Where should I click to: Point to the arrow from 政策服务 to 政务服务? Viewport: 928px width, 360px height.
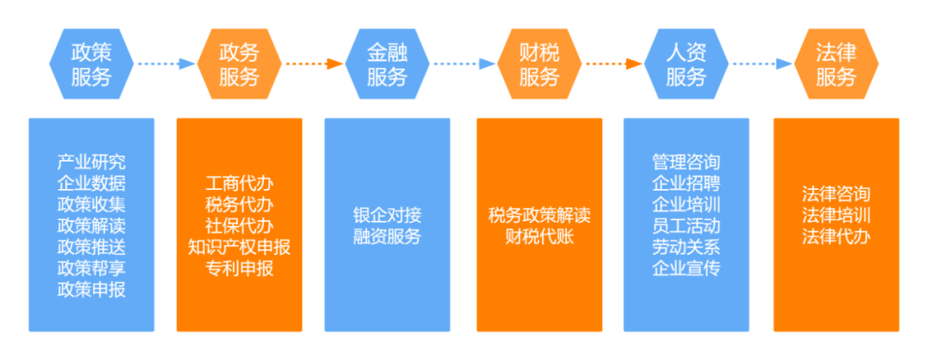coord(164,63)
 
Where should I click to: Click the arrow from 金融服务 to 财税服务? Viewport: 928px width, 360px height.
coord(463,63)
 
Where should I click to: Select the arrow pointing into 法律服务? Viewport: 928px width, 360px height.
coord(761,63)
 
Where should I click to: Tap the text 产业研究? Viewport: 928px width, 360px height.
coord(91,162)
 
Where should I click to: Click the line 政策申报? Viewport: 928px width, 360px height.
coord(91,290)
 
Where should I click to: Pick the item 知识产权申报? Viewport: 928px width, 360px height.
coord(239,247)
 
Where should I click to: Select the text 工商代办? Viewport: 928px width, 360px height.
coord(239,183)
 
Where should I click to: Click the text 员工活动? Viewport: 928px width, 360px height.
coord(687,226)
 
